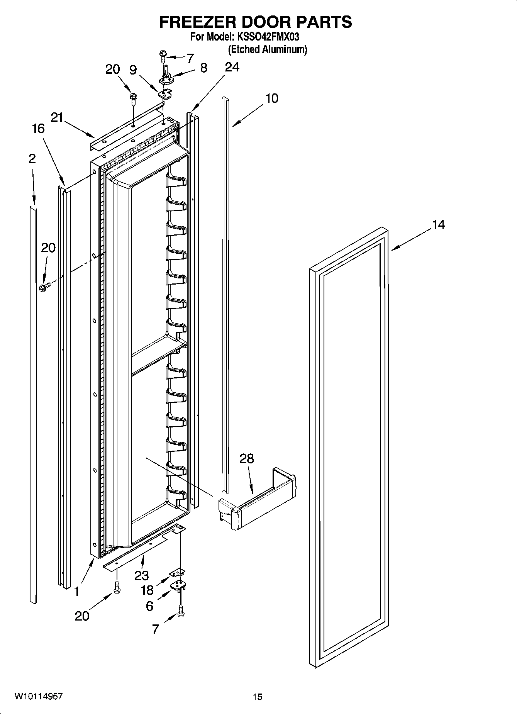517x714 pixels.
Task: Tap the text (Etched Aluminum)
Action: tap(267, 49)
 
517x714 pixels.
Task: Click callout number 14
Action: tap(438, 224)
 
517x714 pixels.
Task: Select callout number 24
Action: tap(232, 67)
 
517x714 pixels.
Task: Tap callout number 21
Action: tap(57, 117)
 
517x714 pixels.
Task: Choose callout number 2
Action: tap(32, 158)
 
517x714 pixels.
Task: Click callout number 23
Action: tap(141, 576)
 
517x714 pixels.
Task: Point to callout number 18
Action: tap(147, 590)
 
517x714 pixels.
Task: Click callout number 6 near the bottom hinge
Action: tap(149, 606)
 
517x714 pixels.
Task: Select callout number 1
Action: tap(77, 591)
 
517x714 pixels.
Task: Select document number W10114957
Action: tap(38, 696)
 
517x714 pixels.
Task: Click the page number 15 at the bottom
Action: tap(258, 697)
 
